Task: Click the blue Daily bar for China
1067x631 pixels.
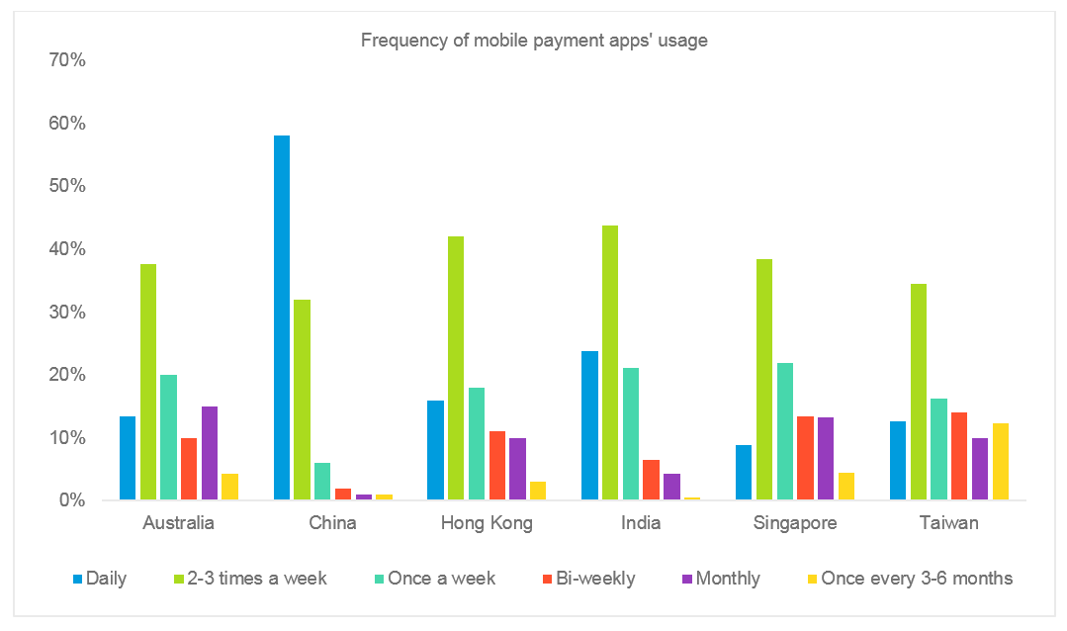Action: (282, 317)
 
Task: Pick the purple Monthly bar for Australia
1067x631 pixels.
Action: (210, 453)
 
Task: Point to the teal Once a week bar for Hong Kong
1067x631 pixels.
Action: (477, 444)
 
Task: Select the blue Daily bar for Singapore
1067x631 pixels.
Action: (744, 473)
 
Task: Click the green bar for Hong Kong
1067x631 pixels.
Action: (456, 368)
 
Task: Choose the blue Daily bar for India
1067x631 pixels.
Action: (589, 425)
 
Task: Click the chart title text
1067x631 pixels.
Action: (534, 41)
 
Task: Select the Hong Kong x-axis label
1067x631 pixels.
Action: (487, 523)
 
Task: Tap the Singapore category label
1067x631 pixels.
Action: (795, 523)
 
